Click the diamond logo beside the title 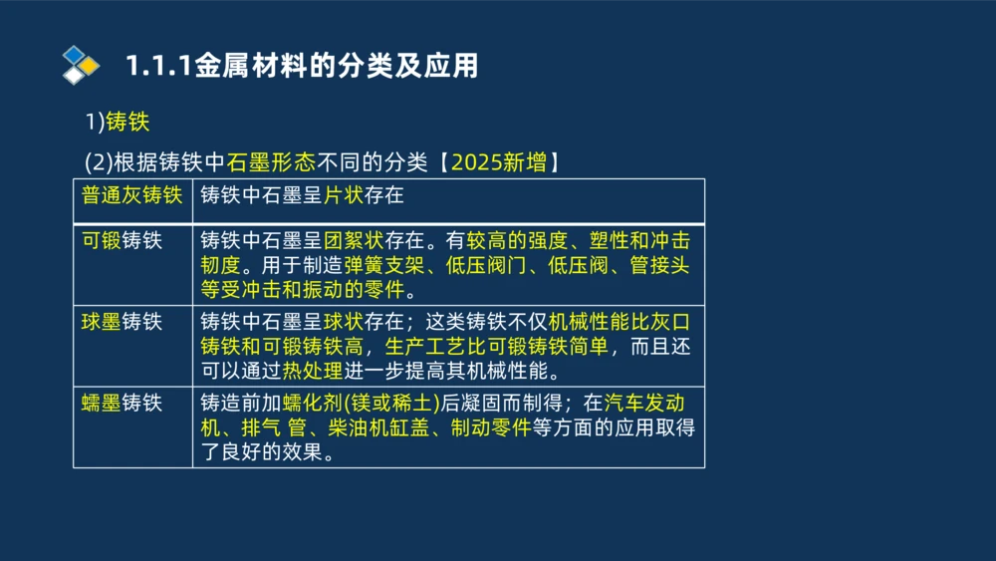click(x=81, y=65)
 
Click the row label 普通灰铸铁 click(x=131, y=194)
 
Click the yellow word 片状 click(x=345, y=194)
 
